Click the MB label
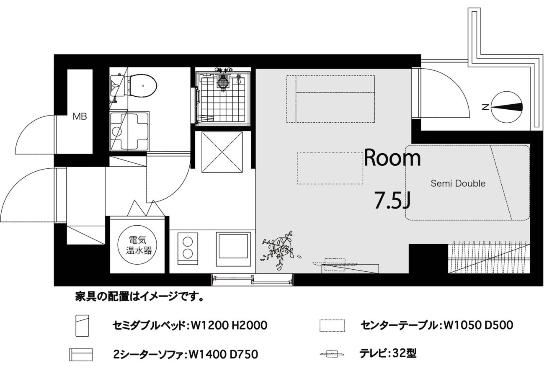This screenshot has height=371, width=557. click(80, 116)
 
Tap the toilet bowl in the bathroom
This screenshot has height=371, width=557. click(143, 85)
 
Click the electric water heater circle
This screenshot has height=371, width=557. click(138, 245)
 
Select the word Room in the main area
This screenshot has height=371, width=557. click(392, 158)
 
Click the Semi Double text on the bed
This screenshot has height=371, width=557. click(458, 183)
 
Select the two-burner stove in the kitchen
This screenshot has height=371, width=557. click(188, 248)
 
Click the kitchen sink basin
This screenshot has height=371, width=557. click(233, 249)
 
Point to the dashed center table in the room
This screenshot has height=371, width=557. click(330, 168)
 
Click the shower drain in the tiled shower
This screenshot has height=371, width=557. click(223, 80)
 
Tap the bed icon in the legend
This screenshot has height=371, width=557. click(83, 325)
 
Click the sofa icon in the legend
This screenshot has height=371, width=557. click(81, 354)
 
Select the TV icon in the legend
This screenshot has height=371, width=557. click(332, 354)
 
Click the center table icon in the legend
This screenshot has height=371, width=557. click(332, 325)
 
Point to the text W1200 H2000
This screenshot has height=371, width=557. click(229, 325)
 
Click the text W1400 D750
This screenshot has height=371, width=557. click(224, 355)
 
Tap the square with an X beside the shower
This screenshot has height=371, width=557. click(222, 152)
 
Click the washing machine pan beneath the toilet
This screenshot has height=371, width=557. click(129, 131)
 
